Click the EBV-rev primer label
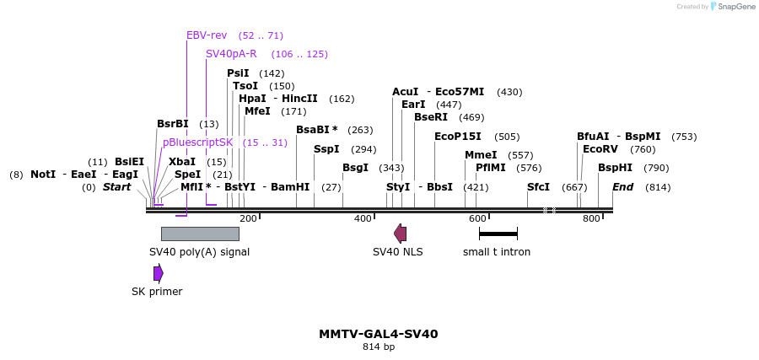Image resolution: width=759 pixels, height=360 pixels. (207, 35)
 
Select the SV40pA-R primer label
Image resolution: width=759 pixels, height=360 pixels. (231, 54)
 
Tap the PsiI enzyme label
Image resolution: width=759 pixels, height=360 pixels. (238, 73)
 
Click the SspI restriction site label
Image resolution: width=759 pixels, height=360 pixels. (326, 149)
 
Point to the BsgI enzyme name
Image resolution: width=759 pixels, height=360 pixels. (355, 168)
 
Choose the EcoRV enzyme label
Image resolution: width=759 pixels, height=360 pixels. (600, 149)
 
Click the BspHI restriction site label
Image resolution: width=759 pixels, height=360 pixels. (615, 168)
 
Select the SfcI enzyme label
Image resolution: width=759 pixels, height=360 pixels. (538, 187)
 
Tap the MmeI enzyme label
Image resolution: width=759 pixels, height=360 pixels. (481, 155)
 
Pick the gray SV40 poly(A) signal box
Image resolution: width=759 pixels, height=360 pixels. (200, 234)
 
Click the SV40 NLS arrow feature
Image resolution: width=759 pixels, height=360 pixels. (400, 234)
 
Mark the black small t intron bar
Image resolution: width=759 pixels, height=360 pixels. (498, 234)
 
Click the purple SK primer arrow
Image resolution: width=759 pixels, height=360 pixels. (158, 273)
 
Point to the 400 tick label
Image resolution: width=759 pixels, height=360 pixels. (363, 219)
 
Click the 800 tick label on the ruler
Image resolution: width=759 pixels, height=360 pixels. (591, 219)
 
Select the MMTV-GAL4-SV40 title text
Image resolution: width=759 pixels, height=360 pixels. (379, 334)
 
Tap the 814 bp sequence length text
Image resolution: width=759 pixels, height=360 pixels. (379, 347)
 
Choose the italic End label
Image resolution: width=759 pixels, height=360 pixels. (622, 187)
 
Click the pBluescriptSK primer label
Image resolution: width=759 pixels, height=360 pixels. (197, 142)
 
